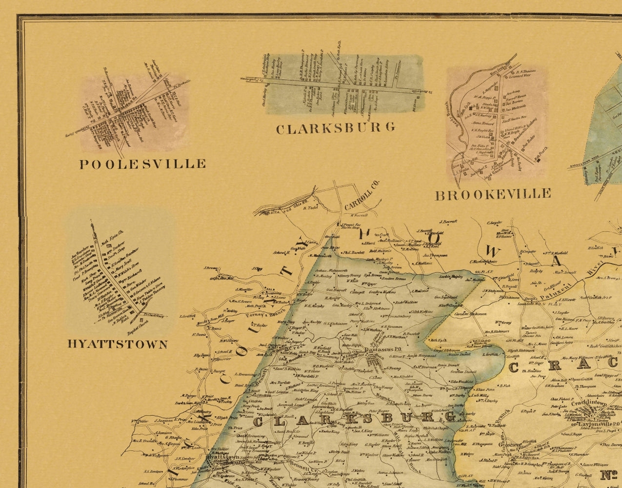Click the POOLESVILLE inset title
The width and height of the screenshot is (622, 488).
pyautogui.click(x=142, y=163)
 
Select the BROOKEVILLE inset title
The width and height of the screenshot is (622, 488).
pyautogui.click(x=493, y=195)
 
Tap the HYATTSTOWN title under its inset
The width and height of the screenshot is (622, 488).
pyautogui.click(x=117, y=344)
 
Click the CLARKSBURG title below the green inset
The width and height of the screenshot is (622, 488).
pyautogui.click(x=335, y=128)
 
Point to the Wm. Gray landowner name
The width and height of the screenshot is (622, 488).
pyautogui.click(x=502, y=323)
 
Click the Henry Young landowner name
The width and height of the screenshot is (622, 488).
pyautogui.click(x=350, y=275)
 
